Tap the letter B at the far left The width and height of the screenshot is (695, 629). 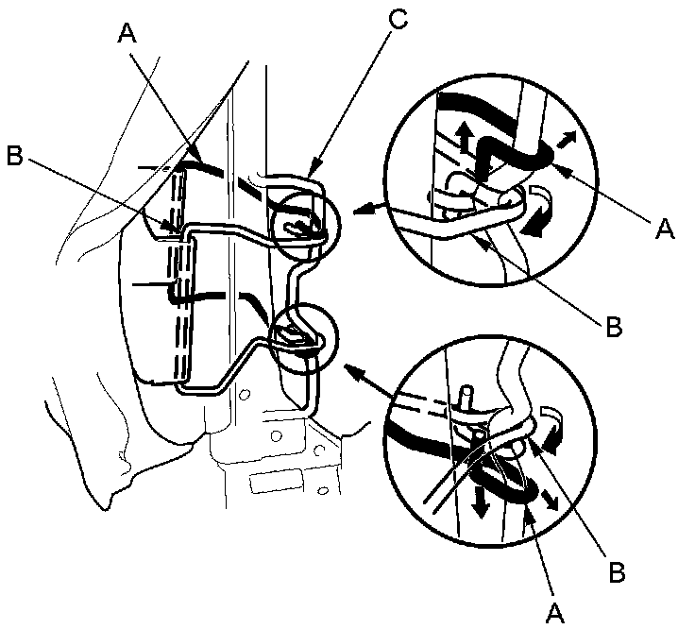pyautogui.click(x=15, y=157)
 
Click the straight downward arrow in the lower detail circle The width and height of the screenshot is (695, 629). pyautogui.click(x=482, y=501)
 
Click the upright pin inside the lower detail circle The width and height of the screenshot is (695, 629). pyautogui.click(x=466, y=394)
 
